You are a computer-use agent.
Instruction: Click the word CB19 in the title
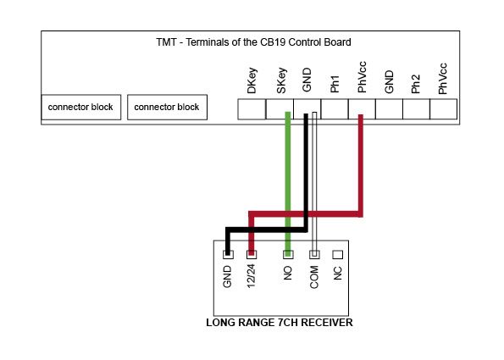[274, 42]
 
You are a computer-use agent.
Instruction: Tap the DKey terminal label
[252, 80]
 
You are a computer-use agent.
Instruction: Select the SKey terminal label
[281, 80]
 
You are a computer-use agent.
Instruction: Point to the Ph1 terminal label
[335, 84]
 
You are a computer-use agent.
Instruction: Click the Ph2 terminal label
[416, 84]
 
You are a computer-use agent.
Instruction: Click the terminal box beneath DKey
[252, 109]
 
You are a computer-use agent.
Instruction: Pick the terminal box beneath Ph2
[416, 109]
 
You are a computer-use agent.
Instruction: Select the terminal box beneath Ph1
[335, 109]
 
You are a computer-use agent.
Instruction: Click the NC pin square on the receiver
[337, 255]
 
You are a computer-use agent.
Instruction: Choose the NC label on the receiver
[337, 274]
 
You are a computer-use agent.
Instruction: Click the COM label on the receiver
[314, 277]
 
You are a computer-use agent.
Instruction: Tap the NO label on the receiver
[288, 274]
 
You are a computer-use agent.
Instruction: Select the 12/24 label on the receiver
[251, 276]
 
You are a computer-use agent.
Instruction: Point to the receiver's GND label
[227, 276]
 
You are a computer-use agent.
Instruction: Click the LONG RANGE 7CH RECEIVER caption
[280, 323]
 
